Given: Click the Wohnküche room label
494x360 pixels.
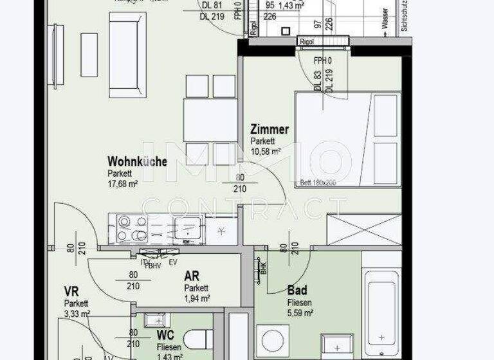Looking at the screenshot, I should (137, 161).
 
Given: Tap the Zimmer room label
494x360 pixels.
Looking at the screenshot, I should (270, 130).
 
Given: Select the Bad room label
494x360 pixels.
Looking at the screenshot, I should (297, 291).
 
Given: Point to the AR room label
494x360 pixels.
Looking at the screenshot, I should (192, 276).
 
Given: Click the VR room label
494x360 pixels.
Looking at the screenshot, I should (71, 291).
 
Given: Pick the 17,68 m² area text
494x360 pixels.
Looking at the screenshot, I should (123, 184).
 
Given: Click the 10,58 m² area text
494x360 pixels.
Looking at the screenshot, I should (266, 152).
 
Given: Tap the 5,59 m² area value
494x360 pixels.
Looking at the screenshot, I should (300, 313).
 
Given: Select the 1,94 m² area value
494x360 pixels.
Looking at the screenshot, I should (197, 298).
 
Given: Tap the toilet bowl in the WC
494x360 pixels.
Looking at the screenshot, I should (199, 339).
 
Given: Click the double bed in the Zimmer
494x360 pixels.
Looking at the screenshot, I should (348, 139).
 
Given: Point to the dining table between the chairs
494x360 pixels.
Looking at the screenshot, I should (210, 120).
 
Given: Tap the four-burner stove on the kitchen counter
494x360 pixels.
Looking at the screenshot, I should (133, 229).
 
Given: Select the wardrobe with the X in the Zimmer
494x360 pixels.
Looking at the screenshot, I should (364, 230).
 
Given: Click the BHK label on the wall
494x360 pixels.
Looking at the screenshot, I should (264, 267).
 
